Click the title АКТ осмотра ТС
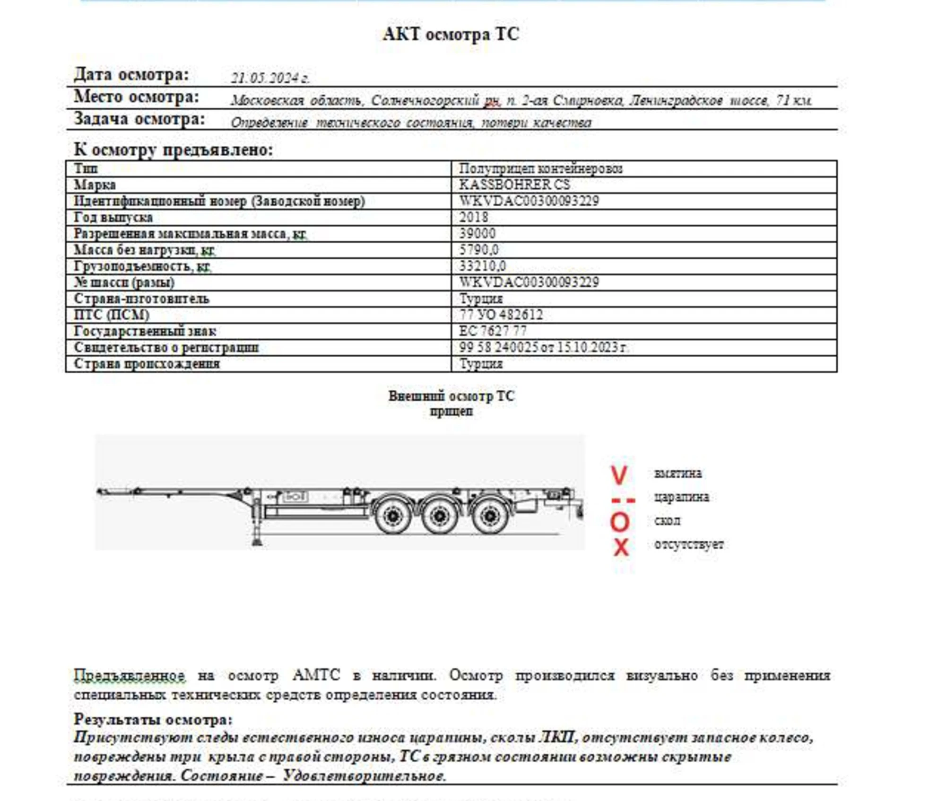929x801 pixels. pyautogui.click(x=451, y=35)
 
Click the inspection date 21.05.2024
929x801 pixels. pyautogui.click(x=269, y=78)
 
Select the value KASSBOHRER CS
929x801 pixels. pyautogui.click(x=514, y=185)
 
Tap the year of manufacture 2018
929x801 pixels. pyautogui.click(x=474, y=217)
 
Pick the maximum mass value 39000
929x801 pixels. pyautogui.click(x=478, y=234)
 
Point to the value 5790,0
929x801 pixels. pyautogui.click(x=479, y=250)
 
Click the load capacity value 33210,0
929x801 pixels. pyautogui.click(x=482, y=266)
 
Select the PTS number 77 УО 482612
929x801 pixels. pyautogui.click(x=501, y=315)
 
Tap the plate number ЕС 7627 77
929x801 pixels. pyautogui.click(x=493, y=331)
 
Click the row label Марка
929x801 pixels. pyautogui.click(x=95, y=185)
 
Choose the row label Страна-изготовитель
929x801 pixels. pyautogui.click(x=141, y=299)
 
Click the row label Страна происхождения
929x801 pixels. pyautogui.click(x=147, y=364)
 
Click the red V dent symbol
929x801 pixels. pyautogui.click(x=619, y=475)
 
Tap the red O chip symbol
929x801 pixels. pyautogui.click(x=620, y=522)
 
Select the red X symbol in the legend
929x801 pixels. pyautogui.click(x=621, y=547)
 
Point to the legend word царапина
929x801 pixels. pyautogui.click(x=681, y=497)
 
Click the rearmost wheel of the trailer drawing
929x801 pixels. pyautogui.click(x=490, y=515)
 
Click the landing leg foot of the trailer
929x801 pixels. pyautogui.click(x=257, y=541)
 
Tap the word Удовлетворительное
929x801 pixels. pyautogui.click(x=364, y=776)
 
